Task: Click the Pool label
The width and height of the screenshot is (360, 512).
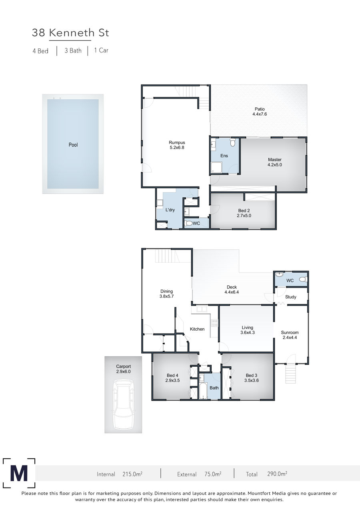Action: pyautogui.click(x=73, y=145)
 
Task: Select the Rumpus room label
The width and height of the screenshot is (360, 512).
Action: pyautogui.click(x=177, y=143)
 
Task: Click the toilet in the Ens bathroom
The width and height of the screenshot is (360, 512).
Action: pyautogui.click(x=232, y=142)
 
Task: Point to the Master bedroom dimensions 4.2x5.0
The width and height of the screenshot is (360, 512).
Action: pyautogui.click(x=275, y=165)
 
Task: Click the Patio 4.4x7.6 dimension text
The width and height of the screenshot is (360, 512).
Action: pyautogui.click(x=260, y=114)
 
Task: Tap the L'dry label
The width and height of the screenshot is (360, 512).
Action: pyautogui.click(x=170, y=210)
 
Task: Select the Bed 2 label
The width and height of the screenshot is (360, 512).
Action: pyautogui.click(x=244, y=211)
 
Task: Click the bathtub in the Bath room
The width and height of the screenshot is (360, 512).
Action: pyautogui.click(x=203, y=391)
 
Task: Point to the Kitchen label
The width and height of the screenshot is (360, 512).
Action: pyautogui.click(x=197, y=329)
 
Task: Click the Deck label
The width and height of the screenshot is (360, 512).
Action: pyautogui.click(x=232, y=287)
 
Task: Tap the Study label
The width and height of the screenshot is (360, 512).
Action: pyautogui.click(x=290, y=297)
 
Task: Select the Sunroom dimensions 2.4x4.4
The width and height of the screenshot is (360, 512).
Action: pyautogui.click(x=290, y=337)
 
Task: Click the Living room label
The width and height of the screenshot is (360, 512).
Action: pyautogui.click(x=247, y=327)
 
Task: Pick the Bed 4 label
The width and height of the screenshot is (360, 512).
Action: pyautogui.click(x=172, y=375)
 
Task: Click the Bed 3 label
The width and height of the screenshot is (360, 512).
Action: pyautogui.click(x=252, y=375)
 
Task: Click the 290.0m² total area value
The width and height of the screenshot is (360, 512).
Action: pyautogui.click(x=277, y=474)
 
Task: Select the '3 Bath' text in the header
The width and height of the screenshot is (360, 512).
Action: pyautogui.click(x=73, y=50)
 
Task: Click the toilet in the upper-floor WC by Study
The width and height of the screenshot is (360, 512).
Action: pyautogui.click(x=303, y=279)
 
